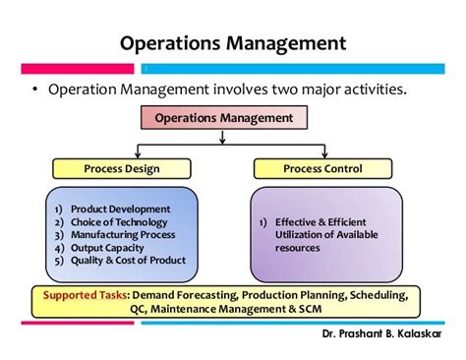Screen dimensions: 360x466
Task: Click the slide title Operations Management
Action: click(232, 43)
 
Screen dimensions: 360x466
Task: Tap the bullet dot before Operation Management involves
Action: click(34, 90)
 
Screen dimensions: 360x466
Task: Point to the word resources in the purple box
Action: click(297, 248)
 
